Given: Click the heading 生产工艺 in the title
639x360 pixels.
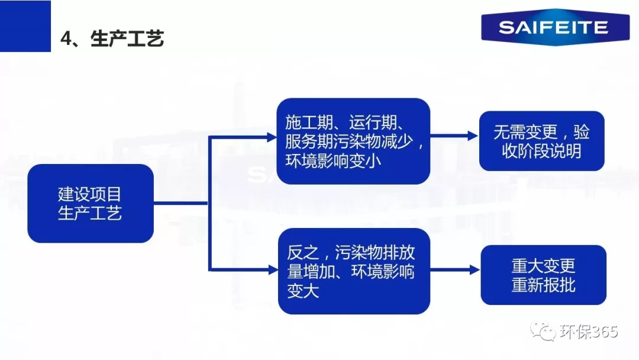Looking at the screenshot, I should (x=127, y=39).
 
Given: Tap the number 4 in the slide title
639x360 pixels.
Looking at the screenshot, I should (x=66, y=39).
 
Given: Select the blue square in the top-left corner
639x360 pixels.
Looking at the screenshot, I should (x=25, y=25).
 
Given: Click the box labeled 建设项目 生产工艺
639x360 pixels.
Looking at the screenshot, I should (x=90, y=203).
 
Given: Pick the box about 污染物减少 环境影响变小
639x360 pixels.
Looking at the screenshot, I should (x=353, y=141).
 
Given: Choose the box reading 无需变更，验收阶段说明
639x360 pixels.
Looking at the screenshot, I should (x=541, y=141).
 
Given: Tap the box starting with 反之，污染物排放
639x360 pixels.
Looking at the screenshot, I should (x=353, y=271).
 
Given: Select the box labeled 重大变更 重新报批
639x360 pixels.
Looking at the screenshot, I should (x=543, y=275).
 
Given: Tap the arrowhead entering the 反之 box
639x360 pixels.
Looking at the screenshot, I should (x=272, y=270).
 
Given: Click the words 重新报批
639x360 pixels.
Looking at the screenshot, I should (x=543, y=285).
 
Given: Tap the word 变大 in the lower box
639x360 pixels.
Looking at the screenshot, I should (x=303, y=291).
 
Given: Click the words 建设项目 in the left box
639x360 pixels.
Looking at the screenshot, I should (x=90, y=193).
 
